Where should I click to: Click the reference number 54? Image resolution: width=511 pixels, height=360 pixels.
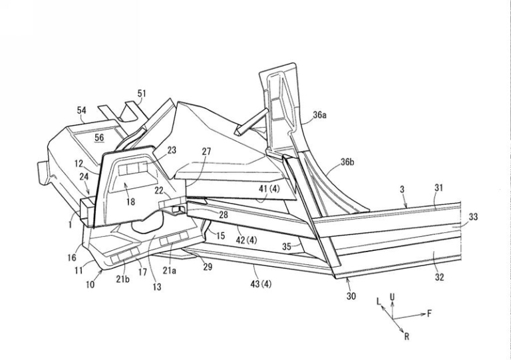pyautogui.click(x=82, y=110)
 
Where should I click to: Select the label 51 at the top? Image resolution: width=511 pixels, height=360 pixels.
pyautogui.click(x=142, y=94)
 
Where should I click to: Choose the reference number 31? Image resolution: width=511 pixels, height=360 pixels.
pyautogui.click(x=438, y=188)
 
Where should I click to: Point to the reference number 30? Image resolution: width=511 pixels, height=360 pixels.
pyautogui.click(x=351, y=295)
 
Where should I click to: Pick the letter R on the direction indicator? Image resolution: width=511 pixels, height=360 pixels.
pyautogui.click(x=407, y=337)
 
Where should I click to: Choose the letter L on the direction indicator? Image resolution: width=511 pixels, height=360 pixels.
pyautogui.click(x=379, y=301)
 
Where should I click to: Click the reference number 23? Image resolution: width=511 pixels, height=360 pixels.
pyautogui.click(x=172, y=150)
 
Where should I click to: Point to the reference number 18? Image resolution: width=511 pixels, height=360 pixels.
pyautogui.click(x=132, y=201)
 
